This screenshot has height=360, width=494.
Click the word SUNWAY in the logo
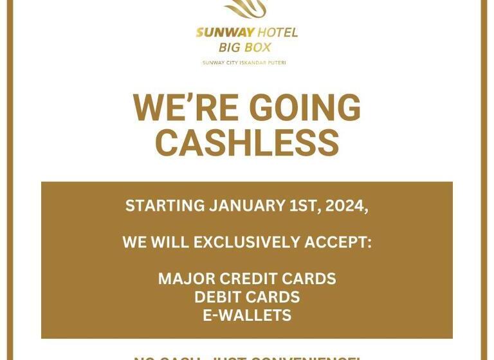[x=224, y=33]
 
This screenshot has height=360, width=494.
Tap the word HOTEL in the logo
[x=277, y=33]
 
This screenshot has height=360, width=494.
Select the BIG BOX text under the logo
[x=244, y=48]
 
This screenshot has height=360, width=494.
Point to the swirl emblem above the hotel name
[x=245, y=9]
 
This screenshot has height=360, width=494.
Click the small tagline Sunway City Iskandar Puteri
[x=244, y=62]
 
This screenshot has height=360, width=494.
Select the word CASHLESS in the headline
[x=247, y=142]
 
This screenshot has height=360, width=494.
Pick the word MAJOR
[x=186, y=279]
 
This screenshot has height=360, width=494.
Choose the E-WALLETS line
[x=247, y=316]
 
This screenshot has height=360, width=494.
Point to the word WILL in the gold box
[x=170, y=242]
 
